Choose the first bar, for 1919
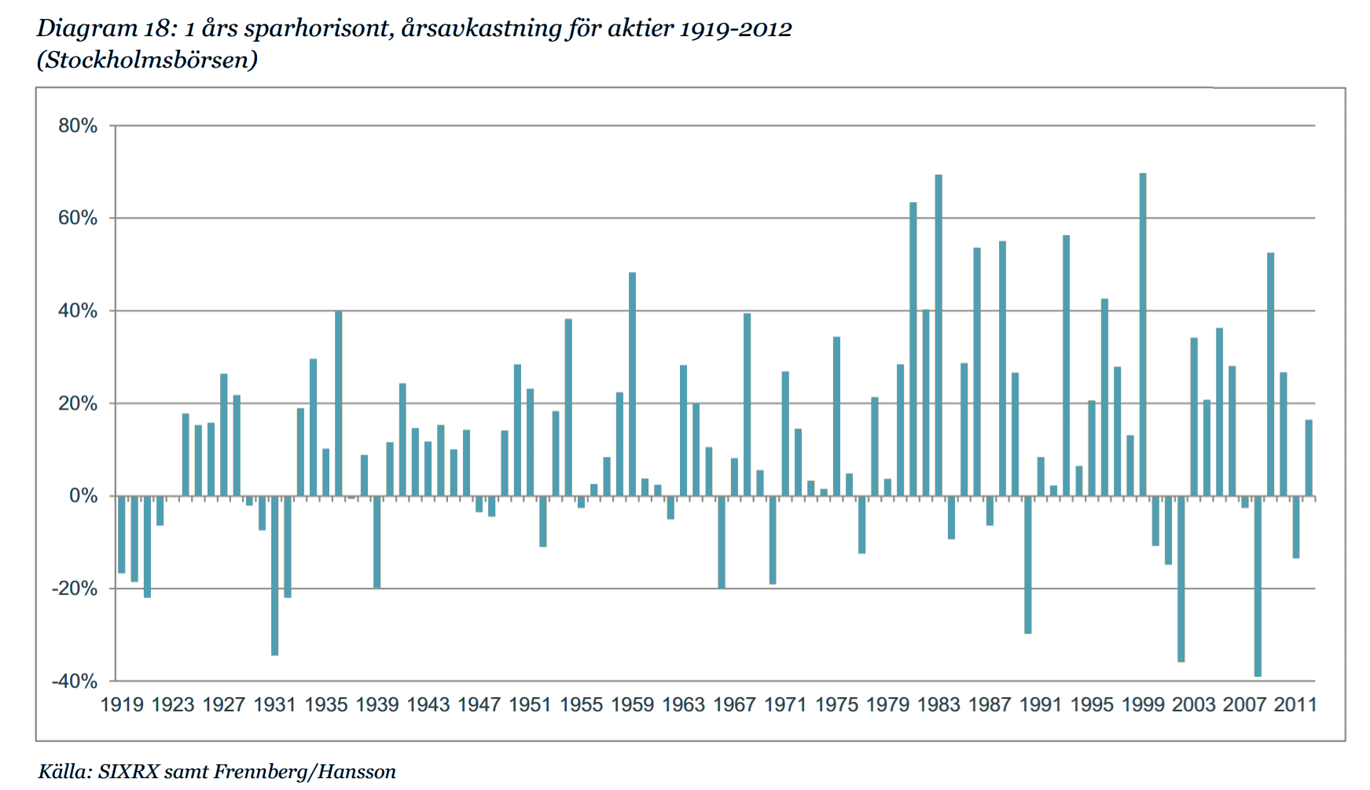(x=122, y=535)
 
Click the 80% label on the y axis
(x=78, y=127)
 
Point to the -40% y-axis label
(x=75, y=681)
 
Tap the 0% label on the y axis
(x=83, y=496)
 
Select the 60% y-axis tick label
(x=78, y=219)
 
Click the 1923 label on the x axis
(x=173, y=704)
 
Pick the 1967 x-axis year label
(x=734, y=704)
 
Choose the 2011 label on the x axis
(x=1295, y=704)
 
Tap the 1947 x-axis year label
(x=479, y=704)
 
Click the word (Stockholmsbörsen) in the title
(x=147, y=61)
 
